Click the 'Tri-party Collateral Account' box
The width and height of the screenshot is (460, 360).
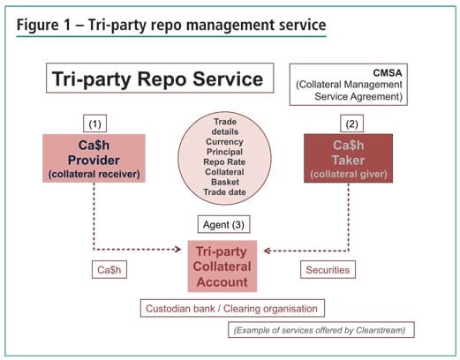coord(224,262)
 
